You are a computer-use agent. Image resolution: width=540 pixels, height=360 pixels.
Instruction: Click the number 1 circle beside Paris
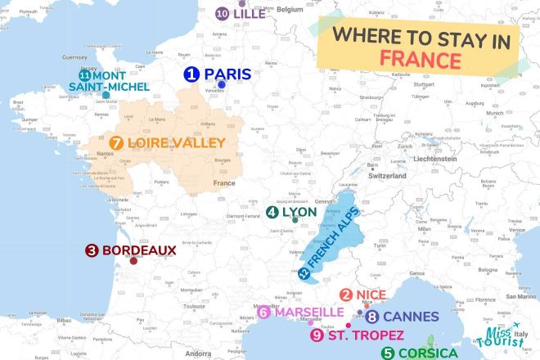point(191,74)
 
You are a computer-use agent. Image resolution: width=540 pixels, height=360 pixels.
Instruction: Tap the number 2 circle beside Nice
point(346,295)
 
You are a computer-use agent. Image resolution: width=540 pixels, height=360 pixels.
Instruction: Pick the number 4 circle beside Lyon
point(272,212)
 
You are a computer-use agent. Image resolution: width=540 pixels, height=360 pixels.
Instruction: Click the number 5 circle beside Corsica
point(388,353)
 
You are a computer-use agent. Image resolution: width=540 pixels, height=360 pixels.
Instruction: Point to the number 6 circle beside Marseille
point(263,313)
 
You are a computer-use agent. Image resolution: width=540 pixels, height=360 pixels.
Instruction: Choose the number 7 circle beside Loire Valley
point(117,143)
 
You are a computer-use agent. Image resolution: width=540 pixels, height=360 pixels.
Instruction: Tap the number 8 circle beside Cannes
point(372,317)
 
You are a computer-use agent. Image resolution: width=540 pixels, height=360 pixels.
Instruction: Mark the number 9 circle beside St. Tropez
point(317,335)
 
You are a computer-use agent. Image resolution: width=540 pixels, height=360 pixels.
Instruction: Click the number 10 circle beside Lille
point(222,13)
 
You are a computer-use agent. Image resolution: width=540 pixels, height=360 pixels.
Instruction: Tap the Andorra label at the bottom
point(197,354)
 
